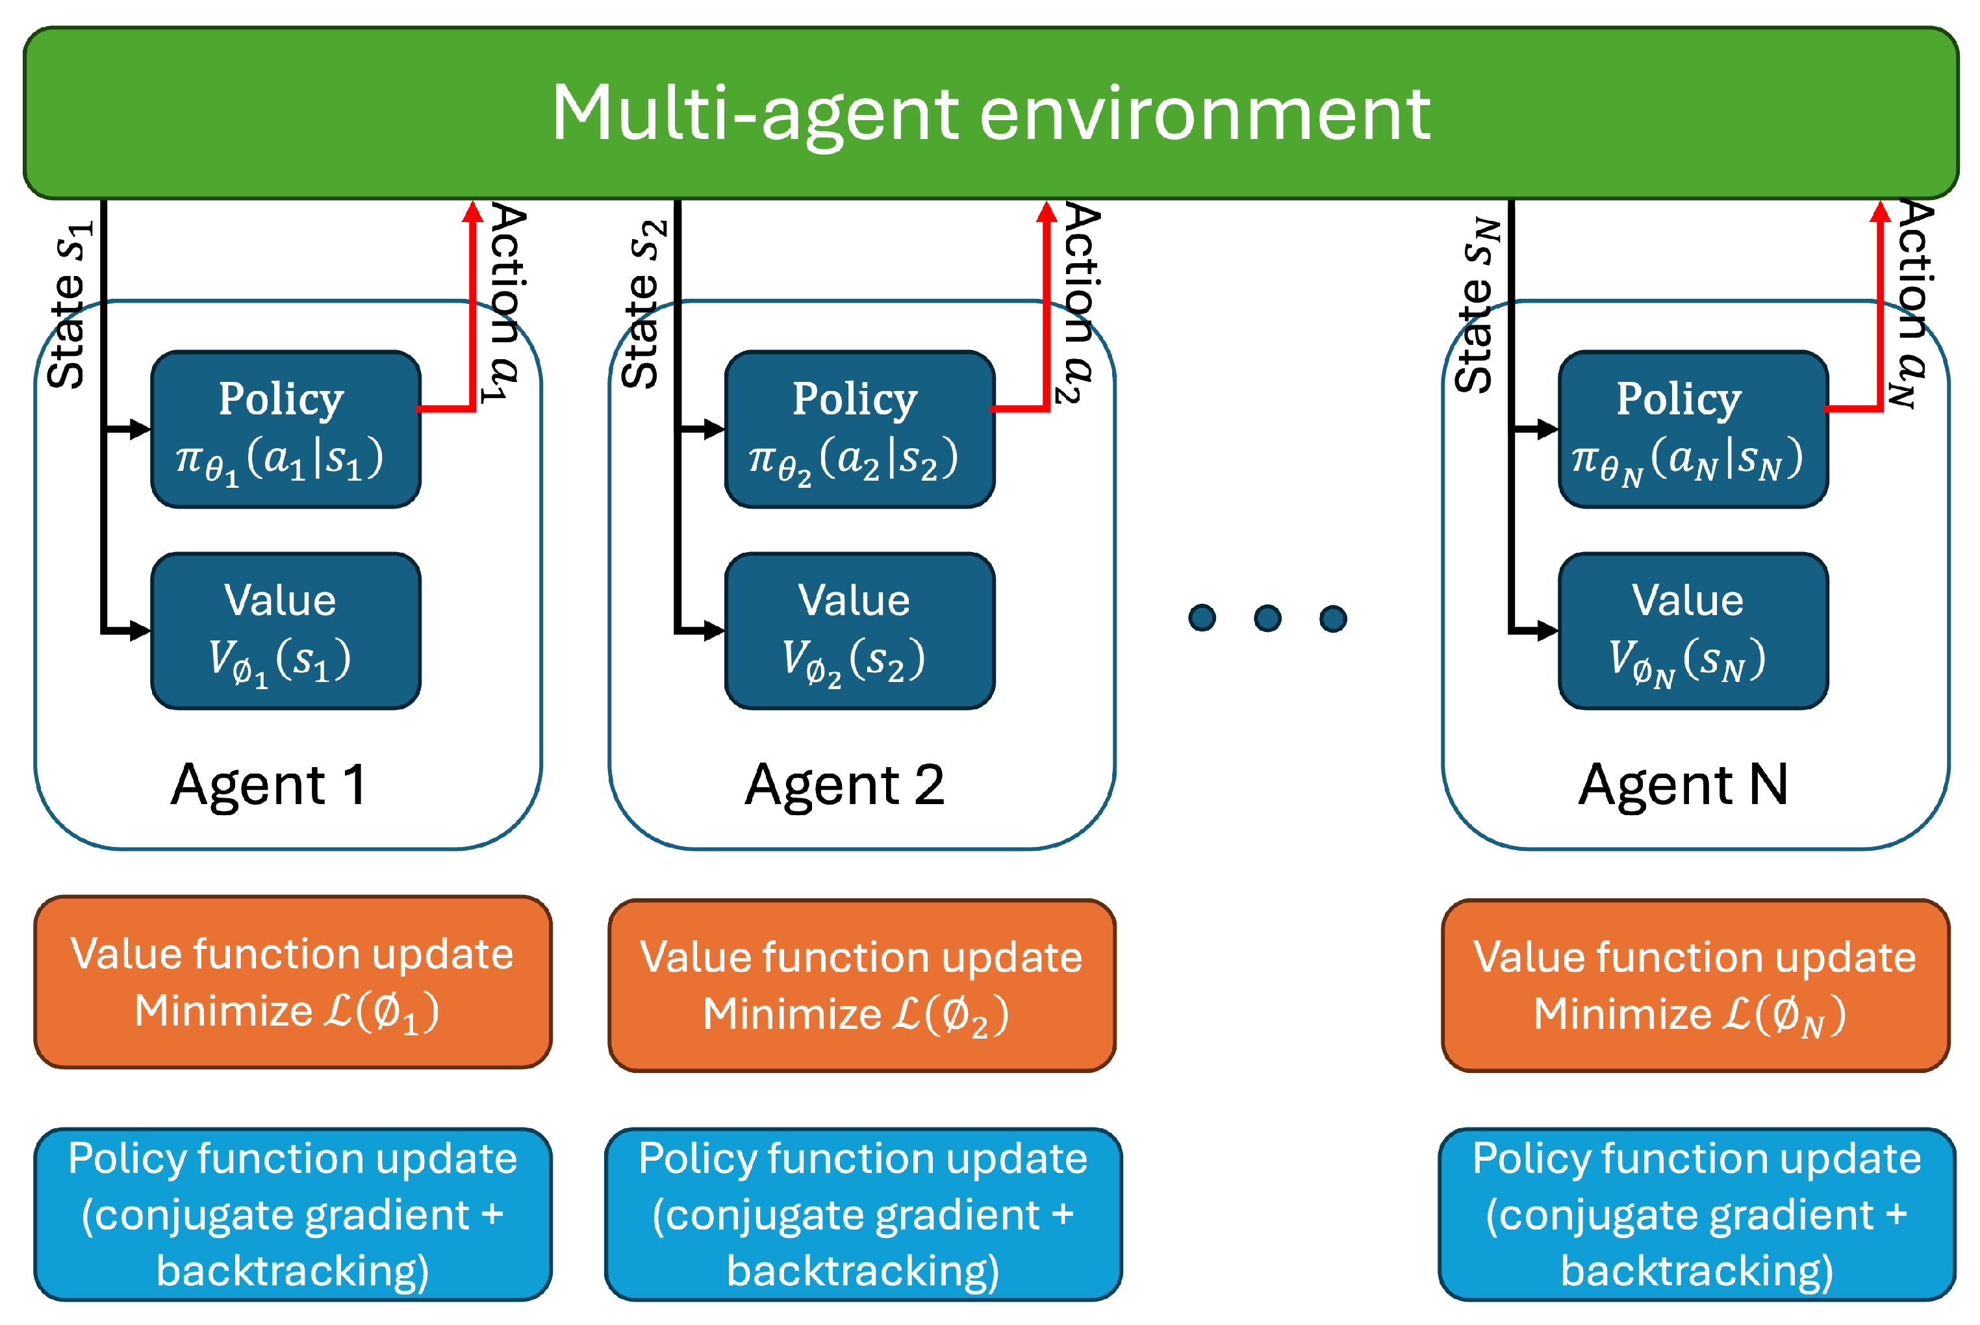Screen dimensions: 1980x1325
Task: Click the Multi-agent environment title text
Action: (x=991, y=114)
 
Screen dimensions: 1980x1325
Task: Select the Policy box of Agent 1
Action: (x=286, y=429)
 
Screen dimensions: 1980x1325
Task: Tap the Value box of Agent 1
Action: (x=286, y=631)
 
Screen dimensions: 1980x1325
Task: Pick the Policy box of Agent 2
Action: (x=859, y=429)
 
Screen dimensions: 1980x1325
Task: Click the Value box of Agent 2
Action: (x=859, y=631)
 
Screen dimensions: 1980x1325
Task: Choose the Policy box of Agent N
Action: (x=1694, y=429)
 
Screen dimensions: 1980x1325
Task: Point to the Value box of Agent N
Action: (x=1694, y=631)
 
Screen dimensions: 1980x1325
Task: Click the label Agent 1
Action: (x=269, y=786)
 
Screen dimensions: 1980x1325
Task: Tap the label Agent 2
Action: (x=844, y=786)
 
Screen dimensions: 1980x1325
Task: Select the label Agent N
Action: (x=1683, y=786)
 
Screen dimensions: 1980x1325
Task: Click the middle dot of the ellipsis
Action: (x=1267, y=618)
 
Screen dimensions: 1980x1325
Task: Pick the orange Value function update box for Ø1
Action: (x=292, y=982)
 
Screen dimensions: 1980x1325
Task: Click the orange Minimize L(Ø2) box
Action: (x=862, y=985)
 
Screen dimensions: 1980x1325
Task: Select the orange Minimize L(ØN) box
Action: (x=1695, y=985)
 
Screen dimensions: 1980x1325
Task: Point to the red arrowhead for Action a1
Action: (x=472, y=211)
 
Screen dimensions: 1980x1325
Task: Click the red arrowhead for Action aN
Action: (x=1879, y=211)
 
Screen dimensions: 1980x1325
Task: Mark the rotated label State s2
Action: (x=644, y=304)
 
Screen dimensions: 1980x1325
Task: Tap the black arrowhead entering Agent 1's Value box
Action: (x=140, y=631)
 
